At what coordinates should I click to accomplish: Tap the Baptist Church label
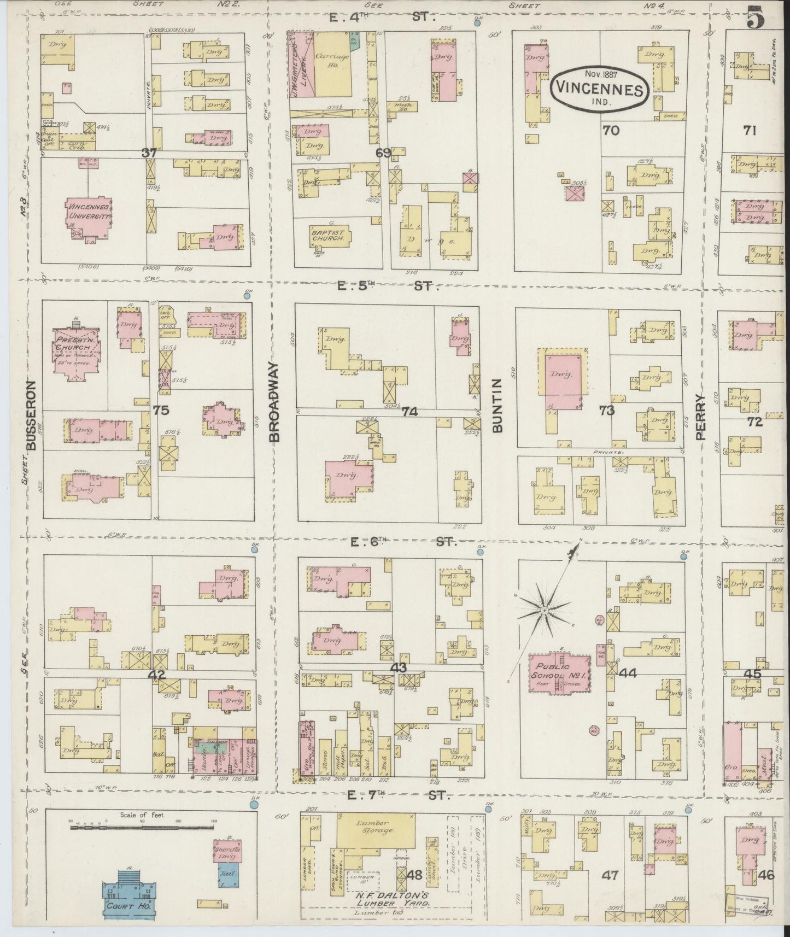[x=327, y=235]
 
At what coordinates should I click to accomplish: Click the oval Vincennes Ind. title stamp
[x=600, y=87]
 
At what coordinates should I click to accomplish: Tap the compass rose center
[x=545, y=608]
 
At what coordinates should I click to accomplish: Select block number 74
[x=409, y=412]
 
